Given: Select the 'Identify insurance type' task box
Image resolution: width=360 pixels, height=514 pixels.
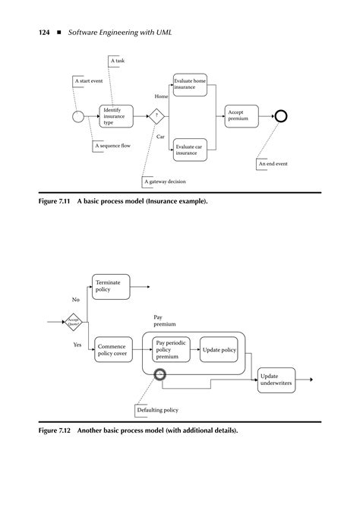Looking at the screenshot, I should pyautogui.click(x=116, y=116).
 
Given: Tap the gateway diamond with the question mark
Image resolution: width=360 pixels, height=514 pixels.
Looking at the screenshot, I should pyautogui.click(x=156, y=116).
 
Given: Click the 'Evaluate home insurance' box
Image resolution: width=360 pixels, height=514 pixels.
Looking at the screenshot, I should pyautogui.click(x=190, y=84).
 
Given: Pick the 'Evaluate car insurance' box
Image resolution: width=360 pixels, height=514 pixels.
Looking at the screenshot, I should pyautogui.click(x=190, y=150).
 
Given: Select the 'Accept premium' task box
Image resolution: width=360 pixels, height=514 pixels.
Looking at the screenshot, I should pyautogui.click(x=242, y=115).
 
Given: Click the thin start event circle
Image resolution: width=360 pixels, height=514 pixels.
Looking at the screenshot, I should pyautogui.click(x=77, y=116).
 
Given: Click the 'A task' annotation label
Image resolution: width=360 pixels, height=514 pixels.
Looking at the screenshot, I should pyautogui.click(x=118, y=60).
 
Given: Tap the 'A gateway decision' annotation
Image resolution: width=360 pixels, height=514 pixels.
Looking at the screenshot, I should pyautogui.click(x=165, y=181).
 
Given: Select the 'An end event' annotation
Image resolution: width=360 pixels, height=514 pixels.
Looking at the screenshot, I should pyautogui.click(x=273, y=163).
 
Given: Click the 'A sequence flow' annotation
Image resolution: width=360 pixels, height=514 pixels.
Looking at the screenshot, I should pyautogui.click(x=112, y=146).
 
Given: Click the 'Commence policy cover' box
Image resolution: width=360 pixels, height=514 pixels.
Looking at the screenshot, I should pyautogui.click(x=112, y=350).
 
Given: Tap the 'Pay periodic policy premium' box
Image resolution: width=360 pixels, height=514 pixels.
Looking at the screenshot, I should pyautogui.click(x=171, y=350).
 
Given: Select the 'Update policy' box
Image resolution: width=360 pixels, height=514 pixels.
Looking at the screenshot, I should pyautogui.click(x=219, y=350).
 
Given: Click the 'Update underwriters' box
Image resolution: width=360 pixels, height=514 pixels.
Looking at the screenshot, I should pyautogui.click(x=276, y=380).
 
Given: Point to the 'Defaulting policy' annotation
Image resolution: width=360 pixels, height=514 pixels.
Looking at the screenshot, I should pyautogui.click(x=157, y=410).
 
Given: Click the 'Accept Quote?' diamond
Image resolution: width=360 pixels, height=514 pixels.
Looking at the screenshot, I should pyautogui.click(x=74, y=322).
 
